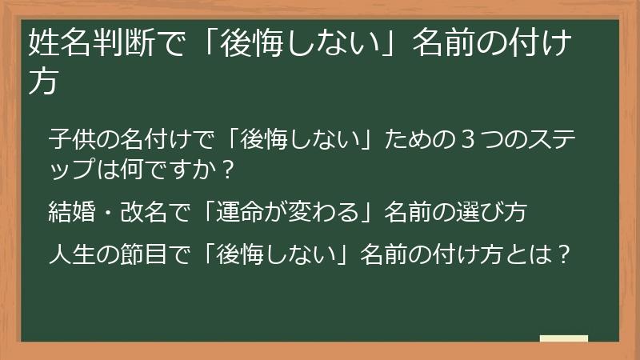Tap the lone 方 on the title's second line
click(x=42, y=82)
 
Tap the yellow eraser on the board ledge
click(x=563, y=339)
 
